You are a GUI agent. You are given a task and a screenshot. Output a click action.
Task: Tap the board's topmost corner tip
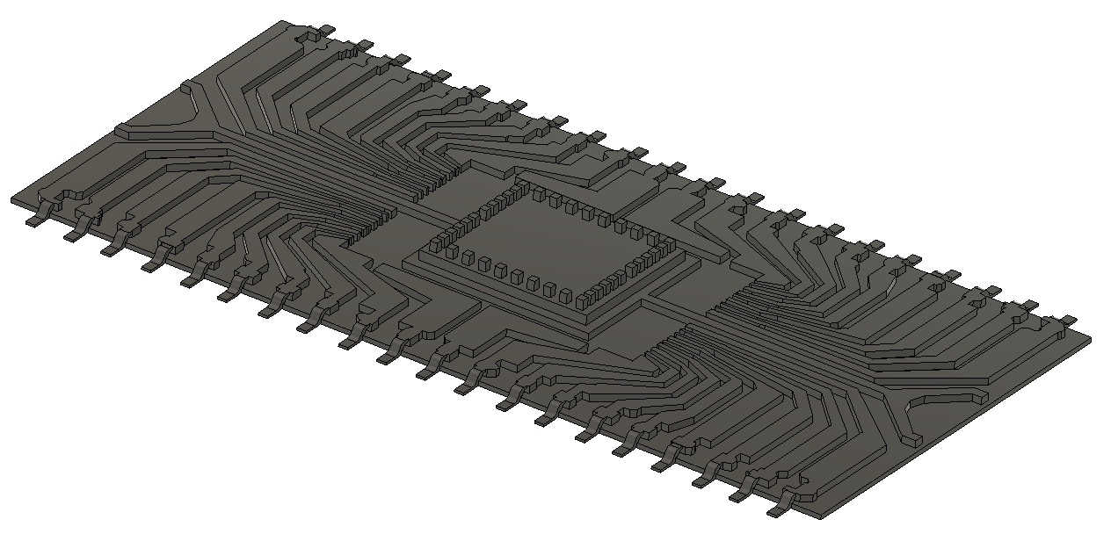pos(284,22)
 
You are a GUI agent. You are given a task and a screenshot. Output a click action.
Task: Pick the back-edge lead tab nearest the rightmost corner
pos(1066,320)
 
